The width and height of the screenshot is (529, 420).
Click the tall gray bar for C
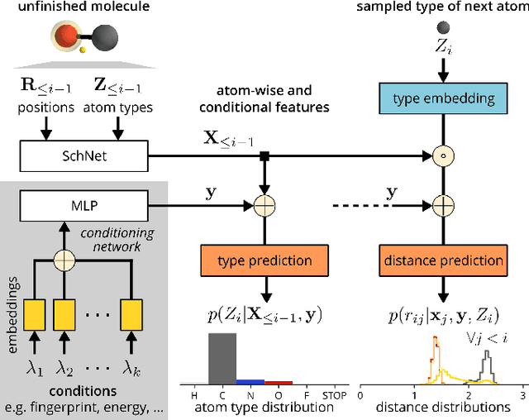(x=222, y=359)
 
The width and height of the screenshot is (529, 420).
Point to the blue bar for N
(x=250, y=382)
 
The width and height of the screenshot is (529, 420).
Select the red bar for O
(x=279, y=383)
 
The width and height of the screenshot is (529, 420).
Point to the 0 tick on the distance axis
(x=360, y=395)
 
